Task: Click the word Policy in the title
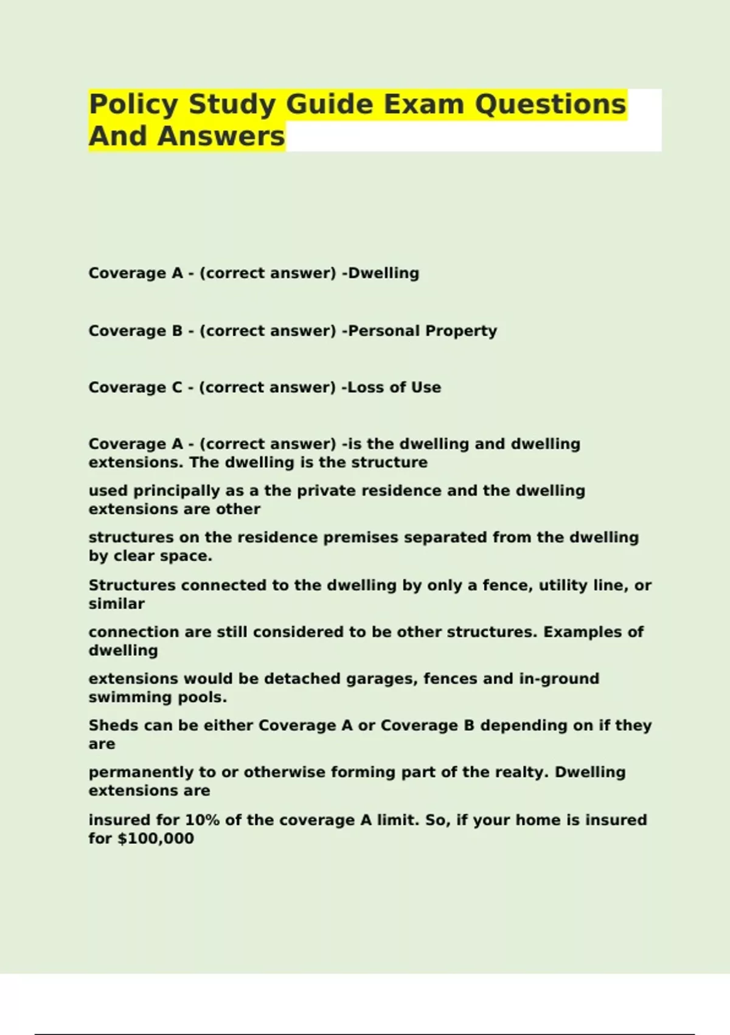tap(133, 105)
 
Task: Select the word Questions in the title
tap(550, 104)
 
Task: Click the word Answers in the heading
tap(221, 136)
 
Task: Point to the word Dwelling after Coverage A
tap(383, 273)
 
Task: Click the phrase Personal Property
tap(422, 331)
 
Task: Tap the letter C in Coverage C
tap(177, 388)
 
